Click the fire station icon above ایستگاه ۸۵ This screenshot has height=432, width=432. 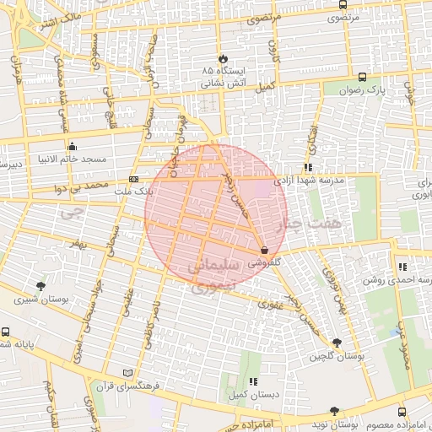point(223,58)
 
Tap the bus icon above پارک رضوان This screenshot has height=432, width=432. point(363,76)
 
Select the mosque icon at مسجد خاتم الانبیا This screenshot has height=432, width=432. point(73,145)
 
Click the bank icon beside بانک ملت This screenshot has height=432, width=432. point(133,179)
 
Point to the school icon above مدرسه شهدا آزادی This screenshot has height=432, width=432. point(309,167)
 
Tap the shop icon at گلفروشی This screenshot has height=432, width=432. point(265,250)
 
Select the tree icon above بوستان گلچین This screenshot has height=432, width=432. point(337,343)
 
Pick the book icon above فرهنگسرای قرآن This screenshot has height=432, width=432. point(127,372)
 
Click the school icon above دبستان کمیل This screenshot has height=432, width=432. point(253,381)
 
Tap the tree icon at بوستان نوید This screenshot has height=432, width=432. point(334,411)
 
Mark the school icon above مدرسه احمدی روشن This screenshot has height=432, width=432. point(402,267)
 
